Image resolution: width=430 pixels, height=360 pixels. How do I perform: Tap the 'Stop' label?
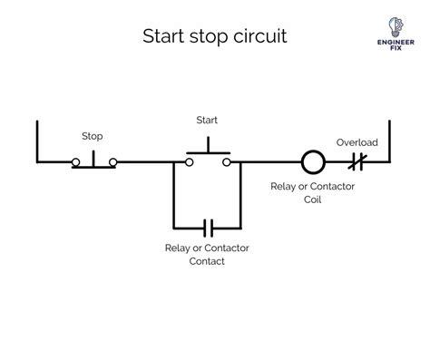click(93, 136)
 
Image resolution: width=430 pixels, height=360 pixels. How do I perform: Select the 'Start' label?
click(207, 120)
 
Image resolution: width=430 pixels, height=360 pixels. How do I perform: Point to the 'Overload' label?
click(357, 142)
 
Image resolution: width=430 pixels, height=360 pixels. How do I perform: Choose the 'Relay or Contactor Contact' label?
click(207, 254)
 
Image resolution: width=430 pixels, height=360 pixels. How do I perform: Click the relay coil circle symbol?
click(312, 162)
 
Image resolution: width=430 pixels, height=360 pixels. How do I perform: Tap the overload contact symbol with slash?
click(357, 162)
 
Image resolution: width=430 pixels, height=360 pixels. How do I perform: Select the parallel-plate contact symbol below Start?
click(207, 226)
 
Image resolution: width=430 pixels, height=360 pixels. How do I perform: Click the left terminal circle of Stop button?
click(76, 162)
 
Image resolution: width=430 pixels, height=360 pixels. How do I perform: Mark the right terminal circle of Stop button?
click(112, 162)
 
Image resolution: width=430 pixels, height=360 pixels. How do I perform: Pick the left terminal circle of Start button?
click(188, 162)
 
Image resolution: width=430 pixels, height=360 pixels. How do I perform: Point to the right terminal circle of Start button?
click(226, 162)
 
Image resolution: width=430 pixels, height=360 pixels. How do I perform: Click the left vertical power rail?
click(37, 141)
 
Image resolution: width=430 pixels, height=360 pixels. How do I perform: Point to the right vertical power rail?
click(388, 141)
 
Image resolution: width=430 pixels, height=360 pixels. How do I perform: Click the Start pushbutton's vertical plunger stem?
click(207, 146)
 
